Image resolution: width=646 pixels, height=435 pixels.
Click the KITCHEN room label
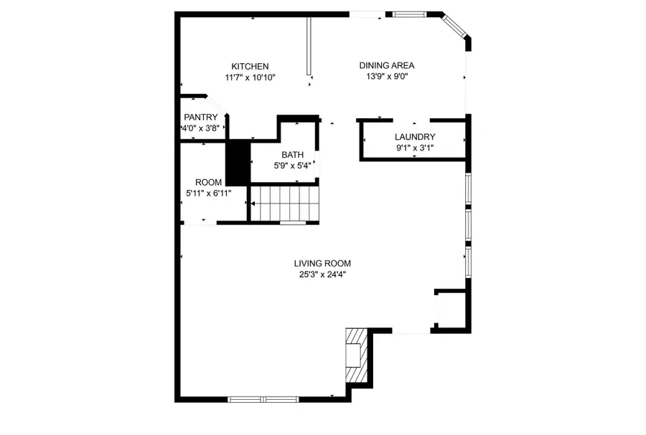(250, 67)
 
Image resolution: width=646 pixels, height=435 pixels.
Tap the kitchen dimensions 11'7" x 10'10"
(250, 77)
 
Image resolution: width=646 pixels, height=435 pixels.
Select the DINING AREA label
(387, 65)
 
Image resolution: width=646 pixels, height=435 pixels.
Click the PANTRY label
(200, 118)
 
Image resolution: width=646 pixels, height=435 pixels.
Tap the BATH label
(292, 155)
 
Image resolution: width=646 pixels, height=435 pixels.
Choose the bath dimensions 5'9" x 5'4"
(292, 166)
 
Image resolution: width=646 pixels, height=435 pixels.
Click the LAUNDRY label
(415, 137)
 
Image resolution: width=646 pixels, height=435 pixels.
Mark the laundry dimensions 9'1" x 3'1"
(415, 148)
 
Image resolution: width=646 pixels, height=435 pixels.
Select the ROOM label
(208, 182)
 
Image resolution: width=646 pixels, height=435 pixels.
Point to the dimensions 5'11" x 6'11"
(208, 193)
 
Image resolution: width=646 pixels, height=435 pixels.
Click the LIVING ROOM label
(322, 263)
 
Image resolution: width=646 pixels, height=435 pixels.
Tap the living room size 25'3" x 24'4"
(322, 274)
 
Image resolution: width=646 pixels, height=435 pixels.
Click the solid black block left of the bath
(237, 163)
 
